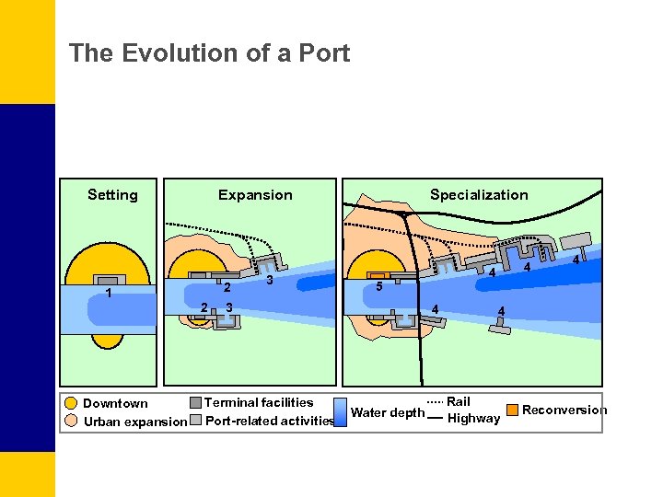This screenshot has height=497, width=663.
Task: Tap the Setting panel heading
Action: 112,194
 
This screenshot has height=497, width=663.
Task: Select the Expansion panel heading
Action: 255,194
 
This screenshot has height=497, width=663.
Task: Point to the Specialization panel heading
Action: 479,194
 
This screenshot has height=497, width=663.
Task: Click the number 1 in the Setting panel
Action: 109,295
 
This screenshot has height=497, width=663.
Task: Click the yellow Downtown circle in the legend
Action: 71,403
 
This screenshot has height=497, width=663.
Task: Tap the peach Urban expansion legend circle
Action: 71,421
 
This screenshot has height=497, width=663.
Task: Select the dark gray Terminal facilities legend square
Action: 195,402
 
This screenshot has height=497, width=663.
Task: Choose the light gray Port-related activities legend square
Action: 195,421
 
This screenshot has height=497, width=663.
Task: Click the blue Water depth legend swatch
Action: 340,412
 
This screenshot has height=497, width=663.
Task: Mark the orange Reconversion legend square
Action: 512,410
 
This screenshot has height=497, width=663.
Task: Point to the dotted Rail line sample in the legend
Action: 436,402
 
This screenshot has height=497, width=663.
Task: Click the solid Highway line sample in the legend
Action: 436,420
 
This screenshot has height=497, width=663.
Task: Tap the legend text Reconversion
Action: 564,410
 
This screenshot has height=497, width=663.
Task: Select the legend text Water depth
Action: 388,412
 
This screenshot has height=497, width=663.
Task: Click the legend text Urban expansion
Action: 134,422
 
